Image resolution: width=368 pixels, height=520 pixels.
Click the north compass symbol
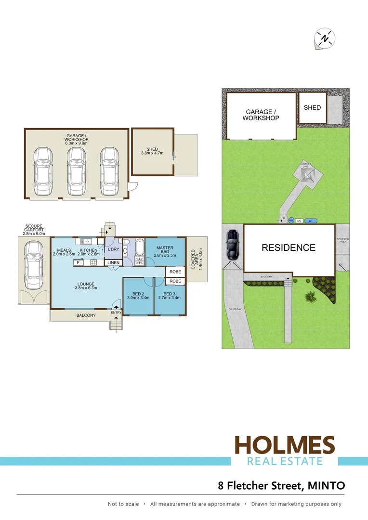pyautogui.click(x=325, y=39)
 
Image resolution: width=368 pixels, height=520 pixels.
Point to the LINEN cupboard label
pyautogui.click(x=113, y=263)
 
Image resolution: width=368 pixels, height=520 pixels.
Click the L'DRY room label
pyautogui.click(x=113, y=249)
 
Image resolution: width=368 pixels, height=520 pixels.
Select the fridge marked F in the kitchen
pyautogui.click(x=78, y=263)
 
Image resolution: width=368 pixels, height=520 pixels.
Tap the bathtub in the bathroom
pyautogui.click(x=138, y=247)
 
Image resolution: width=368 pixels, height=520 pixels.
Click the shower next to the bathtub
pyautogui.click(x=138, y=261)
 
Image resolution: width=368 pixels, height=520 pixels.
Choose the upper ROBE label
pyautogui.click(x=175, y=272)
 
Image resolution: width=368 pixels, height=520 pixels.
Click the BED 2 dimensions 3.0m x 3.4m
pyautogui.click(x=138, y=298)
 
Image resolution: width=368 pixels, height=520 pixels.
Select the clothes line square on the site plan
pyautogui.click(x=307, y=174)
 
